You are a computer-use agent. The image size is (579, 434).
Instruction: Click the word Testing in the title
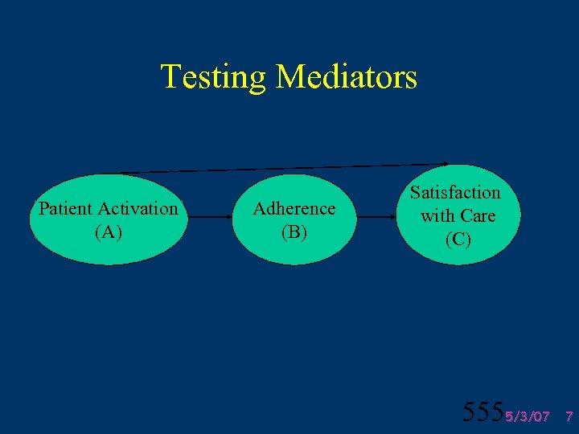(213, 77)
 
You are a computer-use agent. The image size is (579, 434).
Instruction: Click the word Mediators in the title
(346, 77)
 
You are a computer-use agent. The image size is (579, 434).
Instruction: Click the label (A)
(109, 232)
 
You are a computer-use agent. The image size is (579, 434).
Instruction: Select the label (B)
(294, 232)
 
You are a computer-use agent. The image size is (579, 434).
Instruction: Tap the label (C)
(458, 239)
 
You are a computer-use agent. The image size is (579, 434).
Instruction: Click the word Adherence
(294, 209)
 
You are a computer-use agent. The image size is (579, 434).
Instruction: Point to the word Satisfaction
(455, 193)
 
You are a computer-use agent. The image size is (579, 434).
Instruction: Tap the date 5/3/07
(528, 416)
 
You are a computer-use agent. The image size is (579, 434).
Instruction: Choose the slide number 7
(569, 416)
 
